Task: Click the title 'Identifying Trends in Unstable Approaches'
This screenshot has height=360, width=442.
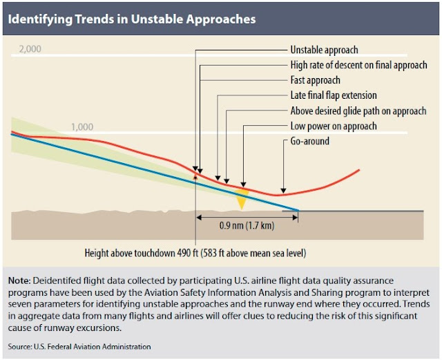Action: [x=132, y=19]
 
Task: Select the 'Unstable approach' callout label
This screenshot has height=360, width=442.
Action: [x=324, y=50]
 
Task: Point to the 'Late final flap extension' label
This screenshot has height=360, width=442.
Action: [x=334, y=95]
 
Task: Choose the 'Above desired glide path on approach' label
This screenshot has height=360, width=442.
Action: [x=358, y=111]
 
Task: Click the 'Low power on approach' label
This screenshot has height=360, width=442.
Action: [x=334, y=126]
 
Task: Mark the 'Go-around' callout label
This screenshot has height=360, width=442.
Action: [x=309, y=141]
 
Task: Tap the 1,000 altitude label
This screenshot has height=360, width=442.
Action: [x=84, y=126]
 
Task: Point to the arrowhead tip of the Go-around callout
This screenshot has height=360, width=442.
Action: [x=282, y=193]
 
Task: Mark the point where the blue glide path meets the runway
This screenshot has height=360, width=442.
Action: [x=298, y=210]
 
